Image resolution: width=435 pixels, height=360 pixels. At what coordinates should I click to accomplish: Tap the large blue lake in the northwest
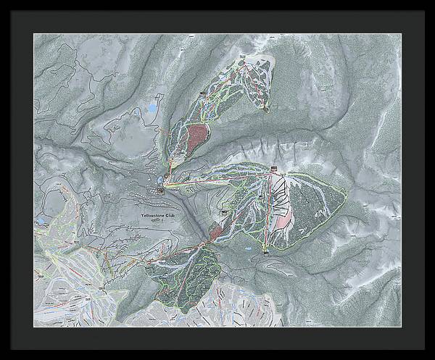tap(152, 109)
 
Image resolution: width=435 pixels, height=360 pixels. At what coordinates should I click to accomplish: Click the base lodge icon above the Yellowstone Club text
tap(161, 191)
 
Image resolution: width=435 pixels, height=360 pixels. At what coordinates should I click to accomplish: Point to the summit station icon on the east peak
tap(274, 170)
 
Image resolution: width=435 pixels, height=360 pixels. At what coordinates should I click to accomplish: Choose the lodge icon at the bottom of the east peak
tap(266, 251)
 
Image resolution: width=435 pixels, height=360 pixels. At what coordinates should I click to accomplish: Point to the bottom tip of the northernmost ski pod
tap(266, 109)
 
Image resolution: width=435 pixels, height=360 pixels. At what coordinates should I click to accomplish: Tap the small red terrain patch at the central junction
tap(216, 233)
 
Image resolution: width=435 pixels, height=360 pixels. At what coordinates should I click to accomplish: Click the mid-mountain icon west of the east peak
tap(225, 212)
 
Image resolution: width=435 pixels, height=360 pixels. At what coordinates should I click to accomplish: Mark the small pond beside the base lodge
tap(159, 180)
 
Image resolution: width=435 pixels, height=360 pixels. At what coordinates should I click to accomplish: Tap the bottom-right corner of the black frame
tap(432, 357)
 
